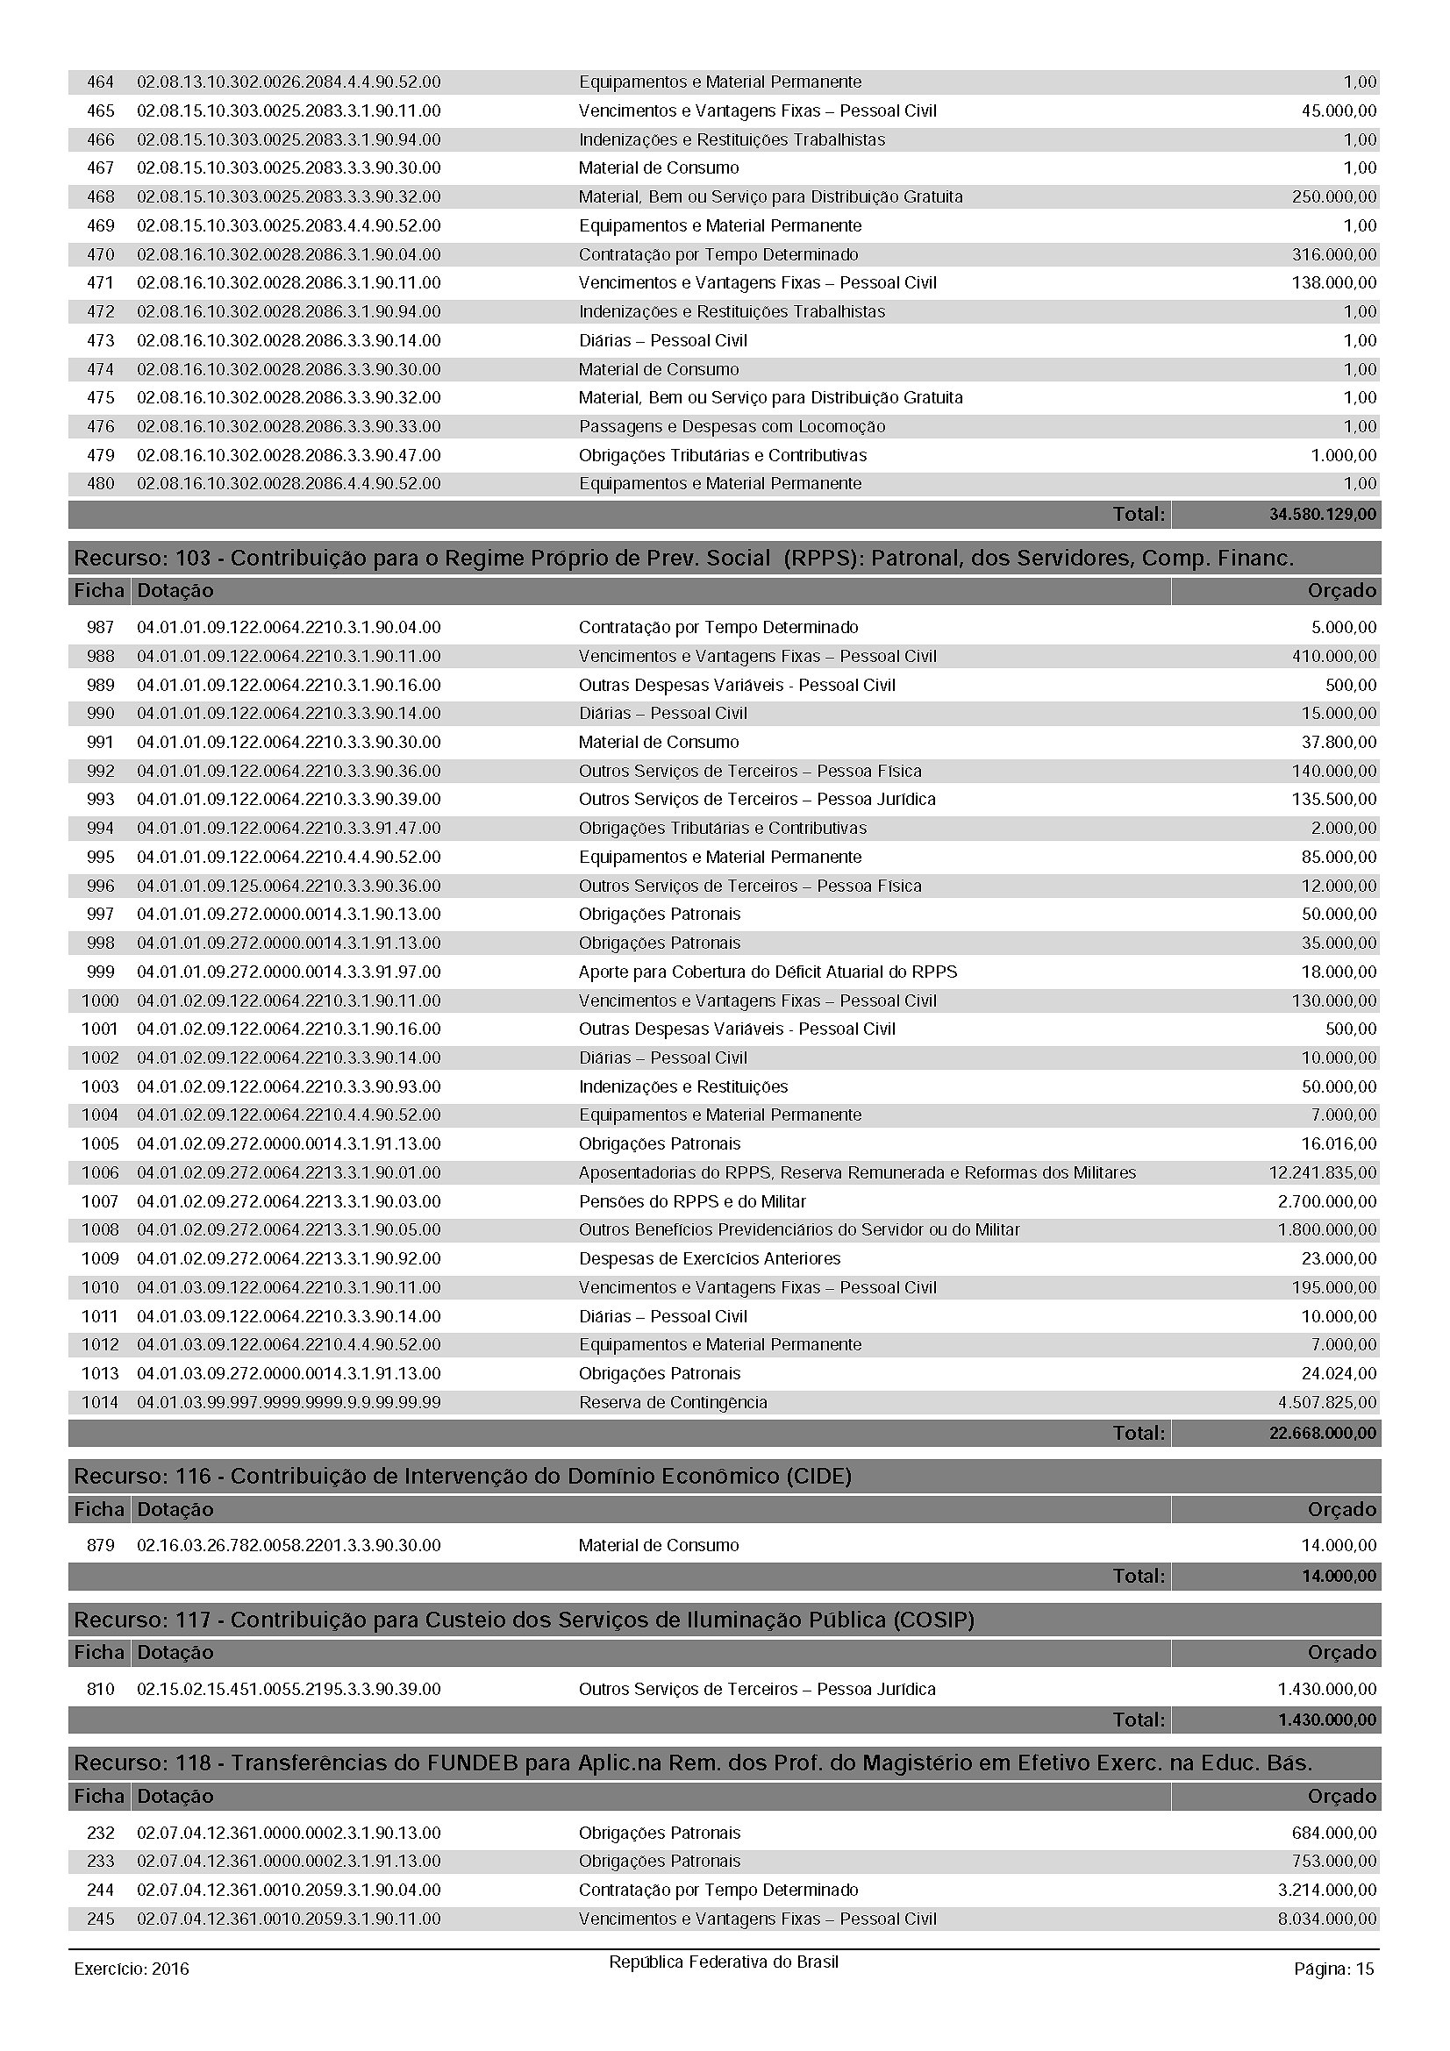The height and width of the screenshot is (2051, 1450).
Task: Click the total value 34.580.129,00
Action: click(1321, 515)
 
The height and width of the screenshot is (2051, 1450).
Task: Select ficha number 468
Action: click(100, 196)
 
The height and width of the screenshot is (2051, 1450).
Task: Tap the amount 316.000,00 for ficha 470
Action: click(1333, 254)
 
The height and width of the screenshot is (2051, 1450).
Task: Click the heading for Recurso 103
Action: click(683, 559)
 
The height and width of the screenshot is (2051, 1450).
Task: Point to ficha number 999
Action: click(100, 972)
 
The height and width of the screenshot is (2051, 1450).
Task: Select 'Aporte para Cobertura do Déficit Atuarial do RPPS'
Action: click(767, 972)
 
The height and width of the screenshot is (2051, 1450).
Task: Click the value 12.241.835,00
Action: click(1322, 1172)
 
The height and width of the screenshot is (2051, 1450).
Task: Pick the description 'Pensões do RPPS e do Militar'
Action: click(691, 1201)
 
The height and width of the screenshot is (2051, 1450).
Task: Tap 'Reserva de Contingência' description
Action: click(672, 1402)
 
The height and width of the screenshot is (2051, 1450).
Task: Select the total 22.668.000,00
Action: click(1321, 1434)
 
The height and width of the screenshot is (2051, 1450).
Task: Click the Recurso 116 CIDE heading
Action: click(462, 1477)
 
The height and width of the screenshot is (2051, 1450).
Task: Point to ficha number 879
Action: click(100, 1545)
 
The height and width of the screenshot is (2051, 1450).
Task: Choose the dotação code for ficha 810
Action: click(289, 1689)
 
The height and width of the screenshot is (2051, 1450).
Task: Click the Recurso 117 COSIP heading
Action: click(524, 1620)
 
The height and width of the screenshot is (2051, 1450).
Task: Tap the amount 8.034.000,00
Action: click(1326, 1919)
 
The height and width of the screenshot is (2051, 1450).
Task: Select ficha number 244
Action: click(100, 1891)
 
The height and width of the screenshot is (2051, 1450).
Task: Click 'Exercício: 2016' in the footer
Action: click(132, 1969)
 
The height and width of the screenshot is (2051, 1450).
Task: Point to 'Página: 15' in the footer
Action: click(1333, 1969)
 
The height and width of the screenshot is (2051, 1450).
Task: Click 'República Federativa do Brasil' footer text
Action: click(724, 1962)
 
